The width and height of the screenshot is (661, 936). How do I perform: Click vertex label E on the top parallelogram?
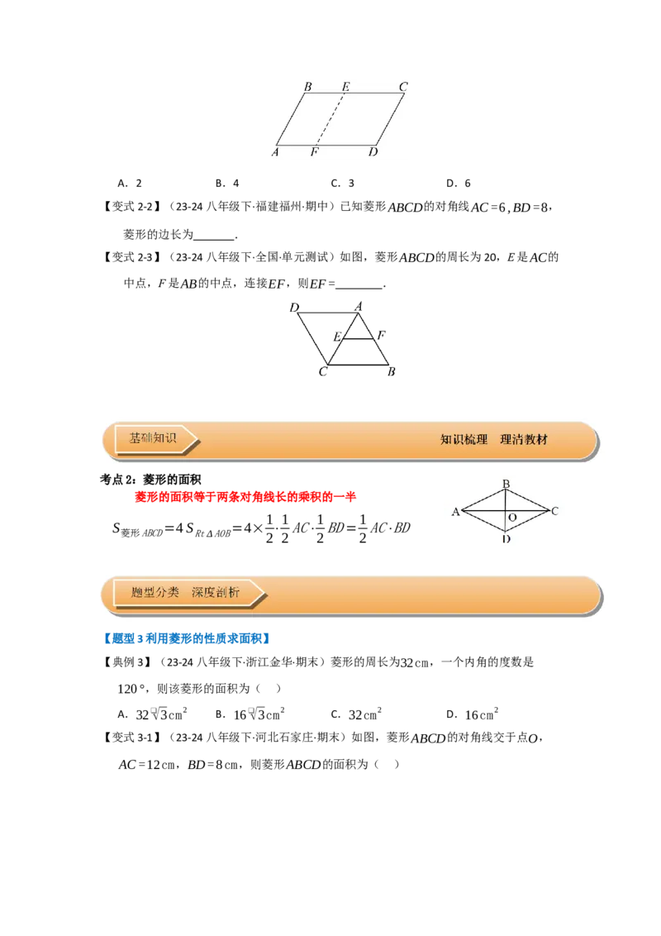click(345, 87)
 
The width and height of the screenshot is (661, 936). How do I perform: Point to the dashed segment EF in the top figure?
click(330, 119)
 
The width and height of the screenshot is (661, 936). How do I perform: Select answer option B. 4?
click(227, 184)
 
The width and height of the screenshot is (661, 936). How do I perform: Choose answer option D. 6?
click(459, 184)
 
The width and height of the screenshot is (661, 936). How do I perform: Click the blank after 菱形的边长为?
click(214, 235)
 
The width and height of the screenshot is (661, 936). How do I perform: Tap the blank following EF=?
click(359, 284)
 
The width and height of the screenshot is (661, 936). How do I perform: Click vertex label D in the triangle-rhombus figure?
click(294, 308)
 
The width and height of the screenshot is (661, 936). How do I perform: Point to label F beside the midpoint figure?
click(381, 336)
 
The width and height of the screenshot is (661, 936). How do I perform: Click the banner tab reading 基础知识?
click(154, 439)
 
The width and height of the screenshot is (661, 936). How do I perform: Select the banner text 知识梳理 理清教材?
click(494, 440)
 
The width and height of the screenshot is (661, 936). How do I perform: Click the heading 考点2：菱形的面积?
click(150, 480)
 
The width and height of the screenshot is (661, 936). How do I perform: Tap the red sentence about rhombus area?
click(245, 497)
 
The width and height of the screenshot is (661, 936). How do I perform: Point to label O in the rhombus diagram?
click(512, 518)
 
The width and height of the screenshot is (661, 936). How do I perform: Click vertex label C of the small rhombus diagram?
click(554, 511)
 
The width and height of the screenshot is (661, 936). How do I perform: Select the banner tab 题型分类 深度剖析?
click(186, 593)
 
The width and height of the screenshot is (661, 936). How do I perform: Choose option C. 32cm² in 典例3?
click(356, 714)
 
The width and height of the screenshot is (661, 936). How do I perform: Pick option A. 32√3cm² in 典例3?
click(153, 714)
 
